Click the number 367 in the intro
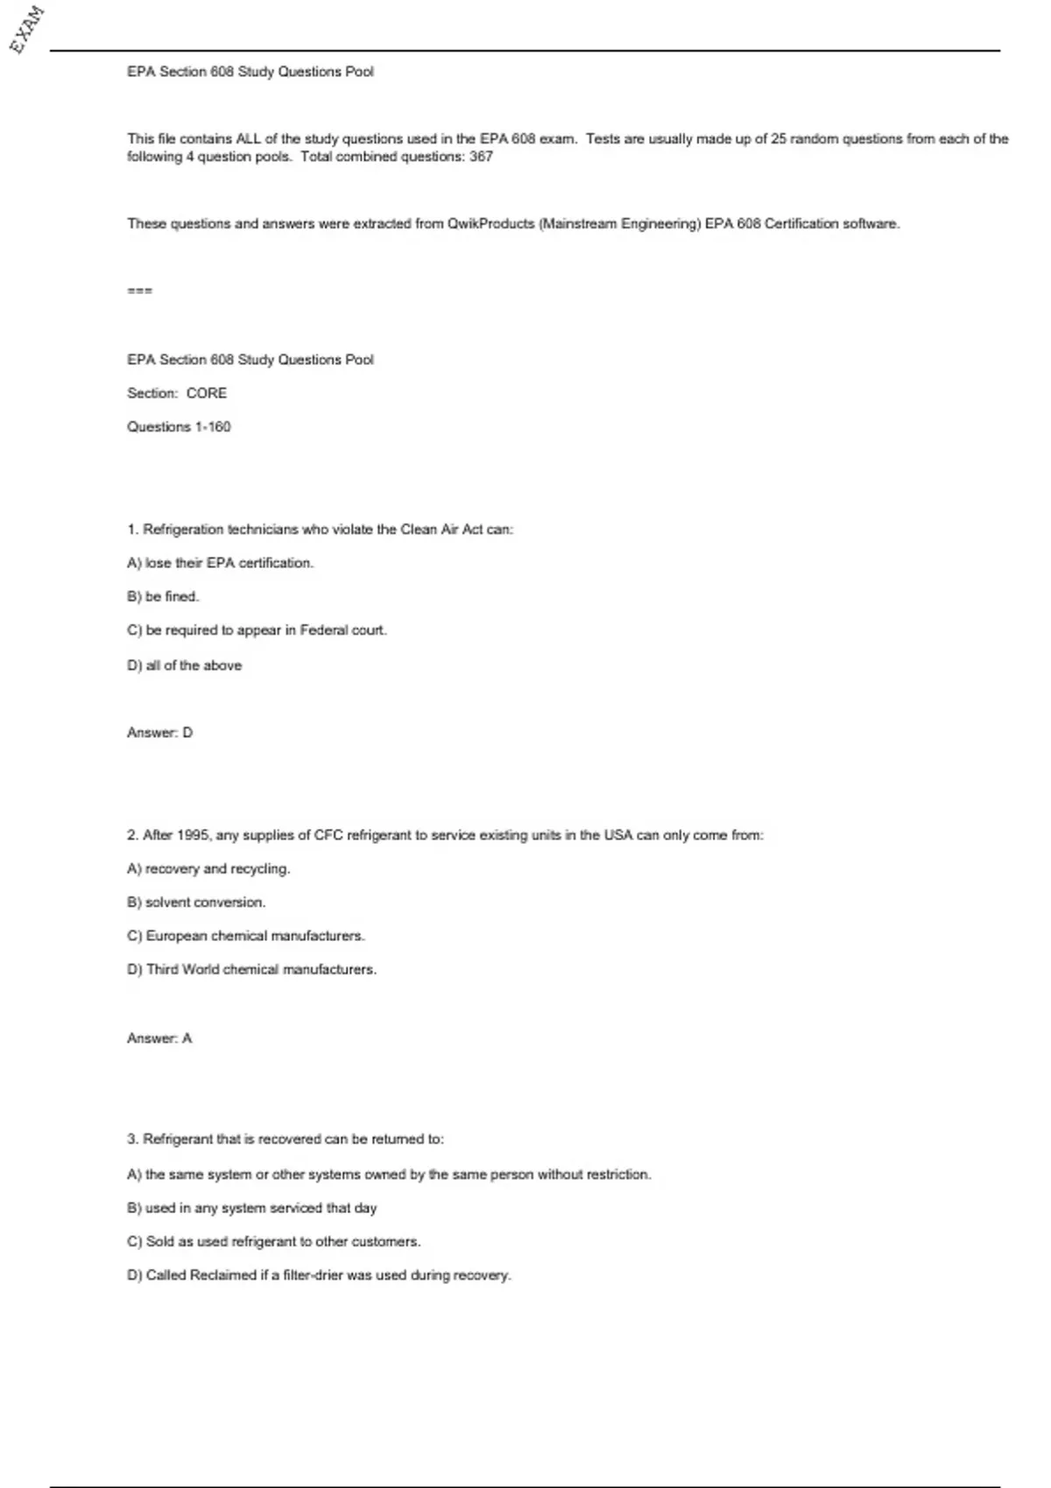click(481, 157)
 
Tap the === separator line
click(139, 291)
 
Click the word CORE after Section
click(207, 394)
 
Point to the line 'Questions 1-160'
click(179, 427)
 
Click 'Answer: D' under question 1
click(159, 733)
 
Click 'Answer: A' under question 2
click(159, 1038)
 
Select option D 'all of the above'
click(184, 665)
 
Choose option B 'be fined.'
click(163, 597)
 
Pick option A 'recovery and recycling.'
click(208, 869)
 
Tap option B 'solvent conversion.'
click(196, 902)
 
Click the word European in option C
click(176, 937)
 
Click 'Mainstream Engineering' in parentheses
click(619, 224)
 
